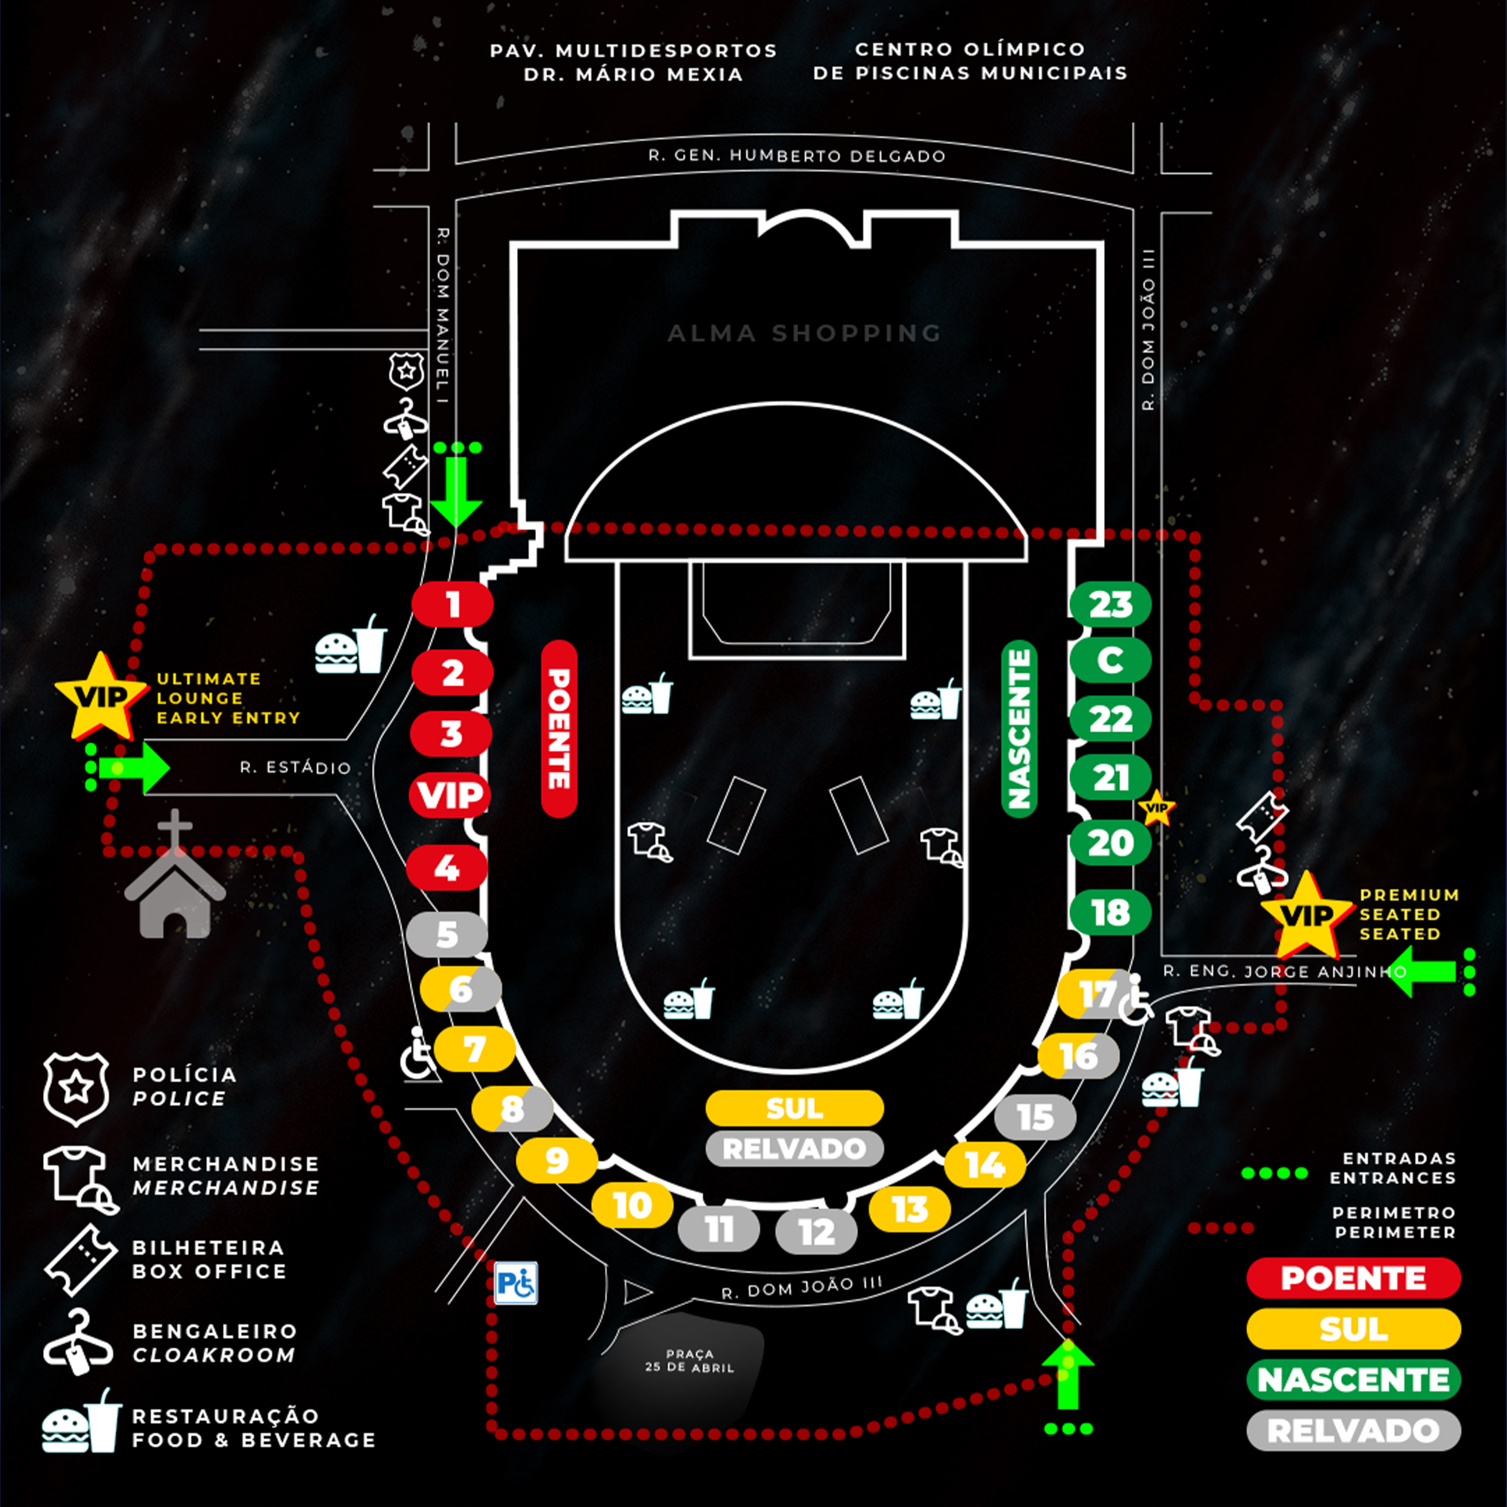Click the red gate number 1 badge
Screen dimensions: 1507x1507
pyautogui.click(x=453, y=605)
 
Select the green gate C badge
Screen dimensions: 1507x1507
pyautogui.click(x=1110, y=660)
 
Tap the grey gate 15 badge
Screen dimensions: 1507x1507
pyautogui.click(x=1035, y=1117)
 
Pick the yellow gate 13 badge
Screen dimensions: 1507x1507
pyautogui.click(x=910, y=1209)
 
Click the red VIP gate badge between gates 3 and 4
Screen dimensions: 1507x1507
pyautogui.click(x=450, y=795)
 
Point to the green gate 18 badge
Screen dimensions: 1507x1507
pyautogui.click(x=1110, y=912)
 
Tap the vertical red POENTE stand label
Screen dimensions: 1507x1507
pyautogui.click(x=558, y=729)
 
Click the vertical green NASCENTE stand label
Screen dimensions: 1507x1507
pyautogui.click(x=1018, y=729)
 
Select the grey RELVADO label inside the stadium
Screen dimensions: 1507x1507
pyautogui.click(x=794, y=1148)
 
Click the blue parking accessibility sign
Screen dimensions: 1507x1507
pyautogui.click(x=515, y=1283)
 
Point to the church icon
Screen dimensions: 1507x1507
pyautogui.click(x=175, y=874)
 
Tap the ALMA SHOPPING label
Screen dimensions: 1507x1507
pyautogui.click(x=804, y=333)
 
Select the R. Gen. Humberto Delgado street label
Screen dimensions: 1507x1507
pyautogui.click(x=797, y=155)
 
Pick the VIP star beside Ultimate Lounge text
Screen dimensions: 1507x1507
pyautogui.click(x=101, y=696)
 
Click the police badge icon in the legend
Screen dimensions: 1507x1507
pyautogui.click(x=76, y=1089)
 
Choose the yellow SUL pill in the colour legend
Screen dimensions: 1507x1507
pyautogui.click(x=1353, y=1328)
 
